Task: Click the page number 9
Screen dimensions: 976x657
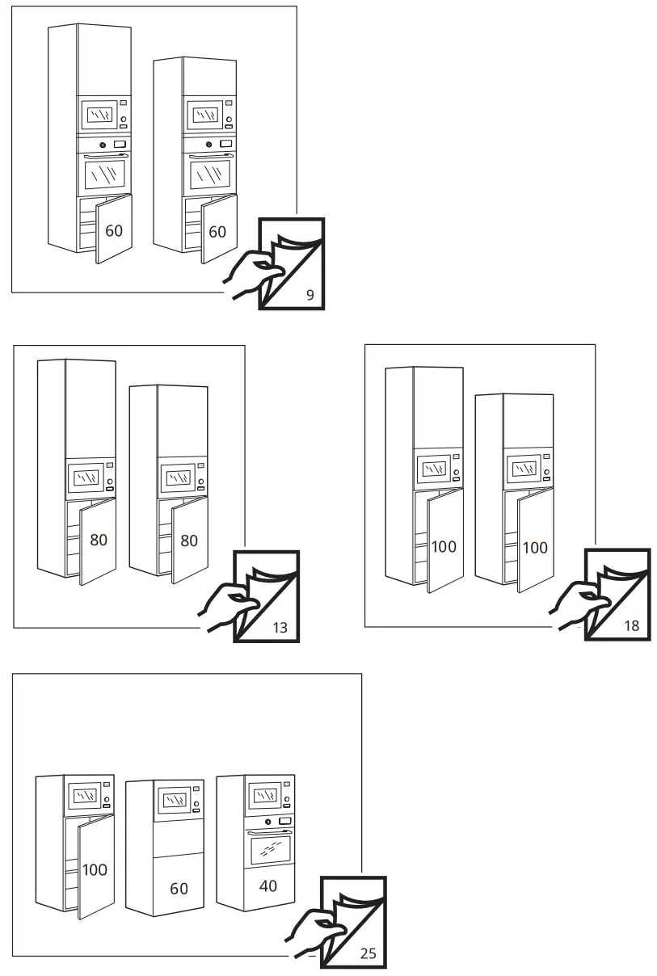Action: click(310, 295)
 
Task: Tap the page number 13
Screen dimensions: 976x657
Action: click(280, 627)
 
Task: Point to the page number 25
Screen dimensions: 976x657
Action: click(368, 953)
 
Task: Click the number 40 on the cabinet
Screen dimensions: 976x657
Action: click(267, 886)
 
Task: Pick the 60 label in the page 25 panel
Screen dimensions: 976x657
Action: click(179, 888)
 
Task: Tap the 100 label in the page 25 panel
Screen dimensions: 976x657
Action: click(95, 870)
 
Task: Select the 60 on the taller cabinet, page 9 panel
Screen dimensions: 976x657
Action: click(114, 231)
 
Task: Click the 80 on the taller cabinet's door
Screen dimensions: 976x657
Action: click(99, 540)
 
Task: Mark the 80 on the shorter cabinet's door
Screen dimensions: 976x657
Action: click(189, 541)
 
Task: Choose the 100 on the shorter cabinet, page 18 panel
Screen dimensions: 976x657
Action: click(534, 547)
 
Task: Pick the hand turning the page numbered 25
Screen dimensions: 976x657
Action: click(312, 930)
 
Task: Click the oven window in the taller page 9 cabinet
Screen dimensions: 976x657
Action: click(105, 175)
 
